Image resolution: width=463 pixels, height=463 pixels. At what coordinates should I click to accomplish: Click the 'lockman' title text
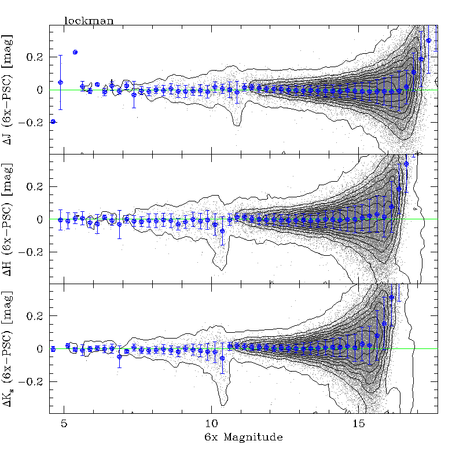89,21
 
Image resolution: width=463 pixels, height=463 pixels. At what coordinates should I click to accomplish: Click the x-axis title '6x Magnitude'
238,438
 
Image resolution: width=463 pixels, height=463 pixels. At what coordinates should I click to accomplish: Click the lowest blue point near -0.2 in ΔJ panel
53,122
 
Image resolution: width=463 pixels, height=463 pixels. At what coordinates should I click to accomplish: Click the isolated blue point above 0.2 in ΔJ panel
75,52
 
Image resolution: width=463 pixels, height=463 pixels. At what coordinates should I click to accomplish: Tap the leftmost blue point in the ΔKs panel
53,349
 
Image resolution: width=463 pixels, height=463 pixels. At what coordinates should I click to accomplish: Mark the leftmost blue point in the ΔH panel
61,219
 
